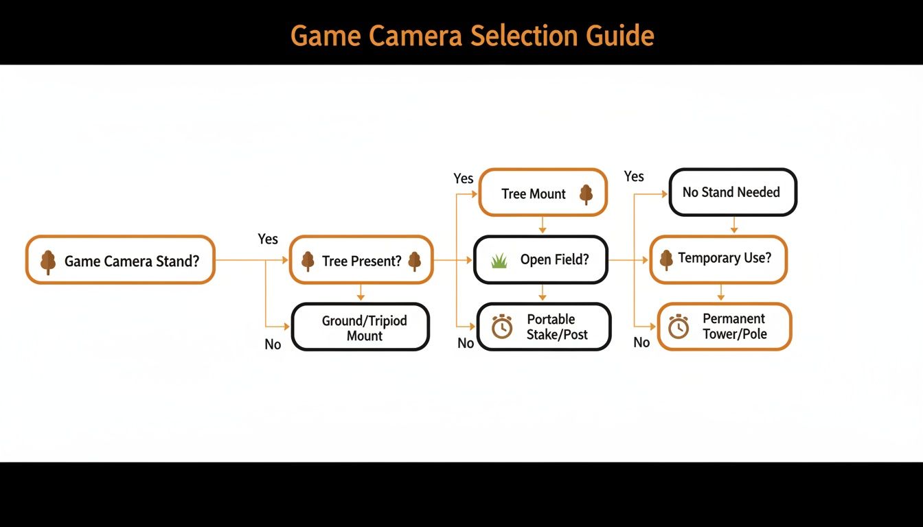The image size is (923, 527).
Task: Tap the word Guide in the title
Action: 621,35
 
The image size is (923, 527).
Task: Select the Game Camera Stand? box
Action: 120,260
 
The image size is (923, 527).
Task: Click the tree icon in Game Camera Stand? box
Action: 47,261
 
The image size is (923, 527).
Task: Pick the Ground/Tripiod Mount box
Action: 361,328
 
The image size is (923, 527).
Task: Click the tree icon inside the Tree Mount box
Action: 586,194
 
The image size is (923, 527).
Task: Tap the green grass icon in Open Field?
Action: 499,260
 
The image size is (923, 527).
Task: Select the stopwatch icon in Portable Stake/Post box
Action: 502,327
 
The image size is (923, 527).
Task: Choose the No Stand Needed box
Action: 732,192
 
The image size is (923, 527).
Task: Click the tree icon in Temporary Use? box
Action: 665,259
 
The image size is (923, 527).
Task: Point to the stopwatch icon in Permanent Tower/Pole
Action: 679,327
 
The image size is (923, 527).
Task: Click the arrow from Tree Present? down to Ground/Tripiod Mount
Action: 361,293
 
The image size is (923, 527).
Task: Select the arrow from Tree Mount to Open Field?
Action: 543,225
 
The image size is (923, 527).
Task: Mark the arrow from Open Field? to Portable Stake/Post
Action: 543,293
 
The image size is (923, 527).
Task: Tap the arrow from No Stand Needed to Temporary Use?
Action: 733,225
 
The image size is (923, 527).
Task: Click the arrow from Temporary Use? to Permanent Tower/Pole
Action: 720,293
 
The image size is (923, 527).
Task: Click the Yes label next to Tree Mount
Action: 464,178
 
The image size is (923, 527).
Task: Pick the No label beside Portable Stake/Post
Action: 466,343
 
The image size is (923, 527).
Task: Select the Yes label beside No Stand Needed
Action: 634,176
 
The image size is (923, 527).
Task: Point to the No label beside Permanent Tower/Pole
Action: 641,342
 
